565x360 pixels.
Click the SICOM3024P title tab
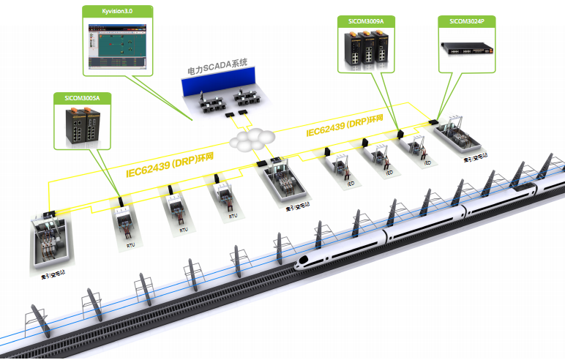[465, 21]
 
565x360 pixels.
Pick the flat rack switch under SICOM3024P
[465, 48]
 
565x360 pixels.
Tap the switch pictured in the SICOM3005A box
[83, 124]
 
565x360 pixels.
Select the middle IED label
[389, 173]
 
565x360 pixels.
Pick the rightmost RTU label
[233, 216]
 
